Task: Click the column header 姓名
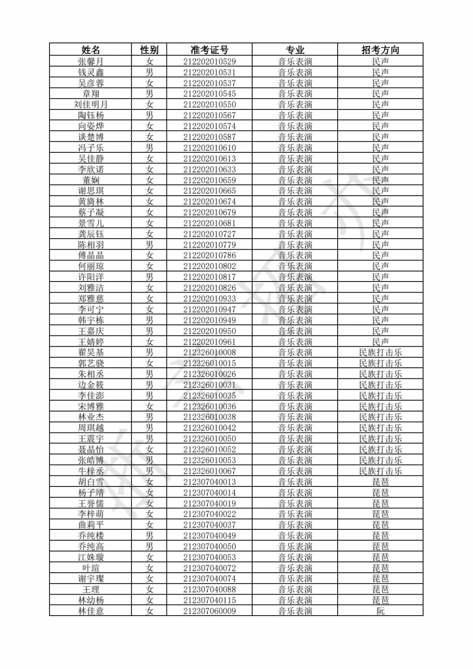tap(91, 50)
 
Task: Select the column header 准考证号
tap(209, 50)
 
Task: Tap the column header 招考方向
tap(380, 50)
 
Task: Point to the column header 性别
tap(149, 50)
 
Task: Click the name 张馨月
tap(91, 62)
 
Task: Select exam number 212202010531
tap(209, 72)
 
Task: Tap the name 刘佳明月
tap(91, 105)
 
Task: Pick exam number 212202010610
tap(209, 148)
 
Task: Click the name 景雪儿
tap(91, 223)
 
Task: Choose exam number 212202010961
tap(209, 342)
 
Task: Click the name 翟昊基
tap(91, 352)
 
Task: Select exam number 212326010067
tap(209, 471)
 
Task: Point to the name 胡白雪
tap(91, 482)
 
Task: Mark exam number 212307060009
tap(209, 611)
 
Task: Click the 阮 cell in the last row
tap(380, 611)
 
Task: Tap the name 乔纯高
tap(91, 546)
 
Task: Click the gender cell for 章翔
tap(149, 94)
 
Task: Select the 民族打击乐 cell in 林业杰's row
tap(380, 417)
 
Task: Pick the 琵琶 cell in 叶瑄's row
tap(380, 568)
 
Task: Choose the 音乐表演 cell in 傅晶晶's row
tap(295, 256)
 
